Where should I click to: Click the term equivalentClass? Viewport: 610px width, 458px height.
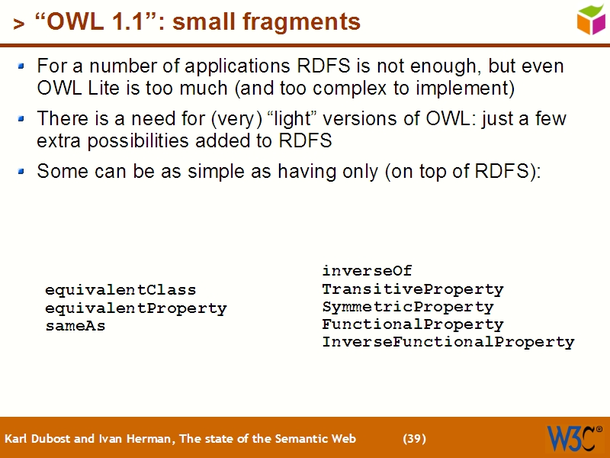(120, 290)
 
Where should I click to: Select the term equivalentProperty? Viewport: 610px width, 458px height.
(136, 308)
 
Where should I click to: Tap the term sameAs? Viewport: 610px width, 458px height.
(75, 326)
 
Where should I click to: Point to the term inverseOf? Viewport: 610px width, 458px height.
(367, 271)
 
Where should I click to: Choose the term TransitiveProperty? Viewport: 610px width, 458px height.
(413, 289)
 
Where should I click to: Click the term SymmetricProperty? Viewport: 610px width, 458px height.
(407, 307)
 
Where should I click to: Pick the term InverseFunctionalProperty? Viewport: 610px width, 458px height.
(448, 342)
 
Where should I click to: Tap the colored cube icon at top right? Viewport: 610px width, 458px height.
(591, 19)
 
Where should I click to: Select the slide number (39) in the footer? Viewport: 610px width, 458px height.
(414, 439)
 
